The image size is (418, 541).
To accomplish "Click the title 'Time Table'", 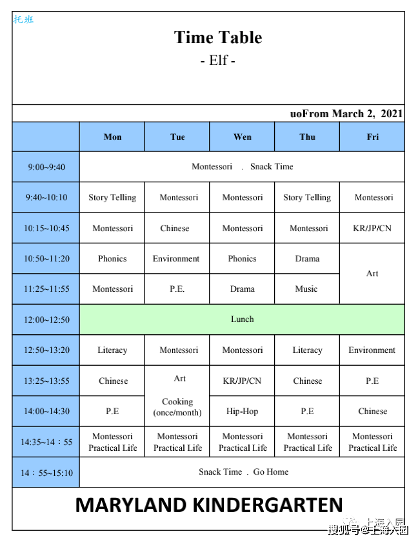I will (218, 37).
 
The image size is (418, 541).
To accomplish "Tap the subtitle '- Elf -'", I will (218, 61).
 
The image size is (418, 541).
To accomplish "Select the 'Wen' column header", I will (243, 137).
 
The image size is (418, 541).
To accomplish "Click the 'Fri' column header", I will (373, 137).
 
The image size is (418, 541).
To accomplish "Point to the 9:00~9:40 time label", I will (46, 167).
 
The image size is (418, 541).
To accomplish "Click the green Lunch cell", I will (243, 319).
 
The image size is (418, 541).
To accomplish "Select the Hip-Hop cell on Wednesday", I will (243, 412).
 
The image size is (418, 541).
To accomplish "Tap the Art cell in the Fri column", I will (372, 274).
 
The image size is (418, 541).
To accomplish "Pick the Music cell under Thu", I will (306, 289).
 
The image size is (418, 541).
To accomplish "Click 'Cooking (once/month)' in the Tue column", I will (177, 407).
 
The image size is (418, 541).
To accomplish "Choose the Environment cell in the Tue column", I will (176, 259).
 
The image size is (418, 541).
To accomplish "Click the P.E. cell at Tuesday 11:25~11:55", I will (177, 289).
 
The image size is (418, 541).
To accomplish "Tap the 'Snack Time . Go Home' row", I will (243, 472).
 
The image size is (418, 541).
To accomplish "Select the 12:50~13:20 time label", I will (46, 350).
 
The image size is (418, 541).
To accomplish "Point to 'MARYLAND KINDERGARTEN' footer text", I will (208, 505).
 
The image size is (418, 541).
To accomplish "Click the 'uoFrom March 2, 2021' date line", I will (346, 114).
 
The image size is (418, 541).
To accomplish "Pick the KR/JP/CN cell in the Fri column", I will (372, 229).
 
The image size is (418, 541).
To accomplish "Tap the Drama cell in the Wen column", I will (243, 289).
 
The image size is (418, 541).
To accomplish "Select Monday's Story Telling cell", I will (112, 198).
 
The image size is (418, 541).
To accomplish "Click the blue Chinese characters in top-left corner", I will (23, 19).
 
